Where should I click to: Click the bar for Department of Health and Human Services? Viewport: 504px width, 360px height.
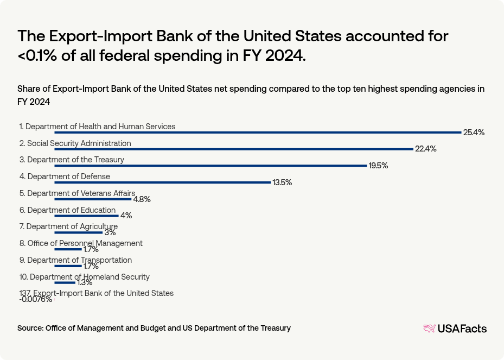pyautogui.click(x=258, y=132)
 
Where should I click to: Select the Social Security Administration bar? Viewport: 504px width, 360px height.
pyautogui.click(x=234, y=149)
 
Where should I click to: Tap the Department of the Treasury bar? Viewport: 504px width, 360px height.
pyautogui.click(x=210, y=166)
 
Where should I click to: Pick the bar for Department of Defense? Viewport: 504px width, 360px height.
pyautogui.click(x=162, y=182)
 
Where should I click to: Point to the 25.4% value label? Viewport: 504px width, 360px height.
pyautogui.click(x=474, y=132)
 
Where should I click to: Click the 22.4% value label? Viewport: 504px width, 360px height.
pyautogui.click(x=426, y=149)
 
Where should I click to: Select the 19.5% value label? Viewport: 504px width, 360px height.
pyautogui.click(x=378, y=166)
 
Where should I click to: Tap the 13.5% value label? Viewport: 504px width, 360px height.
pyautogui.click(x=282, y=182)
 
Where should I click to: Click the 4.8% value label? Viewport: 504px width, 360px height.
pyautogui.click(x=142, y=199)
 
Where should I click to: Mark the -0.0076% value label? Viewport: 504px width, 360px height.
pyautogui.click(x=36, y=299)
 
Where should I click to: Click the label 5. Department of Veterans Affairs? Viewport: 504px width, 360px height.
pyautogui.click(x=77, y=193)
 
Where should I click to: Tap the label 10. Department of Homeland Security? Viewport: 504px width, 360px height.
pyautogui.click(x=84, y=277)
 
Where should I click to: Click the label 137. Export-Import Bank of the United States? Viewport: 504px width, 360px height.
pyautogui.click(x=97, y=293)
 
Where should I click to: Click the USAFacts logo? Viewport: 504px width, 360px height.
pyautogui.click(x=455, y=329)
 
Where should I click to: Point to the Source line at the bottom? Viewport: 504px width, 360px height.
pyautogui.click(x=154, y=328)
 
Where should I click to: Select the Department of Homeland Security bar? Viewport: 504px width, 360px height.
pyautogui.click(x=65, y=282)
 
